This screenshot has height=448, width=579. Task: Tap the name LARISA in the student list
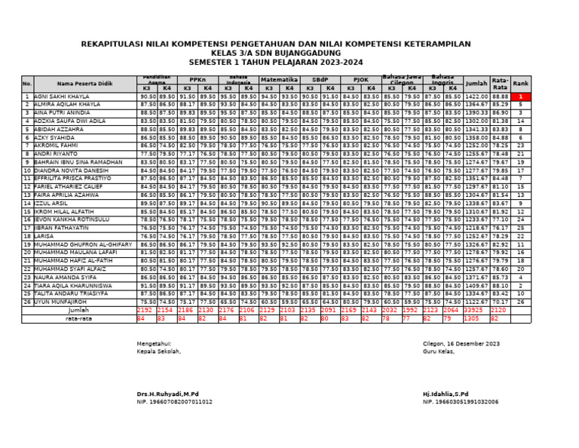(x=44, y=236)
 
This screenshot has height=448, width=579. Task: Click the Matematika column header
(x=279, y=78)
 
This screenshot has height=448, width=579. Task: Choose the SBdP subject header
(x=320, y=78)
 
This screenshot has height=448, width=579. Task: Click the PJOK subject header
(x=360, y=78)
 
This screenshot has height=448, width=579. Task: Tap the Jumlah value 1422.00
(x=476, y=97)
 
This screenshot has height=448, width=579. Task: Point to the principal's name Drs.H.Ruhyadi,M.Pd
(x=167, y=394)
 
